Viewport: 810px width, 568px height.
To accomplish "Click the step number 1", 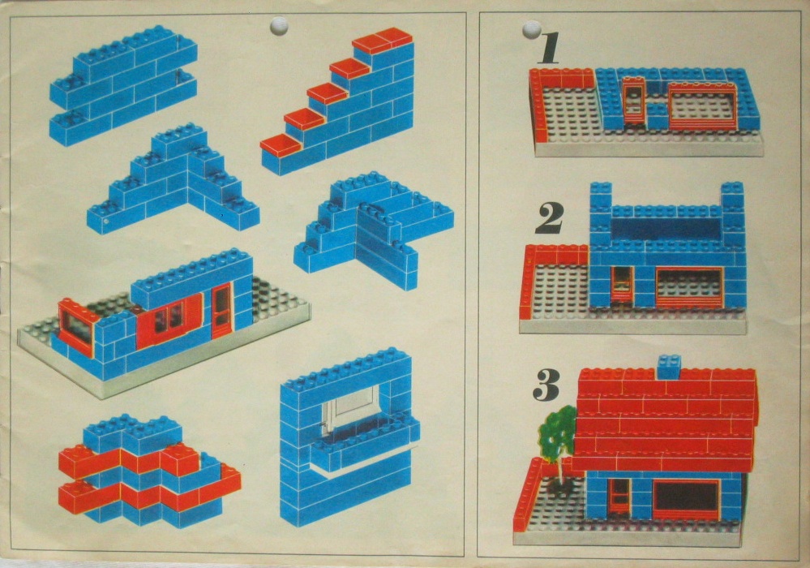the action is [548, 48].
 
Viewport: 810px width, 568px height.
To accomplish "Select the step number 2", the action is [549, 217].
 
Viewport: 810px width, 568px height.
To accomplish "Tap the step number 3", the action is [546, 385].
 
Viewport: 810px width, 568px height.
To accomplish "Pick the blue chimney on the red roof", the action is [669, 367].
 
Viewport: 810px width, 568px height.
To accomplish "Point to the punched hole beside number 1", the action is [532, 29].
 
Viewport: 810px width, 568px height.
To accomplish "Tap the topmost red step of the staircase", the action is [383, 41].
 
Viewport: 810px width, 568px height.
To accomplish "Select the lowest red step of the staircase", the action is [281, 145].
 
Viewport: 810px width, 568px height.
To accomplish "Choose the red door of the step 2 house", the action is [623, 284].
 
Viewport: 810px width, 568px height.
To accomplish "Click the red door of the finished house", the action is [619, 497].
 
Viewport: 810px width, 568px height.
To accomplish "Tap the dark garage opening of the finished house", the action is [685, 497].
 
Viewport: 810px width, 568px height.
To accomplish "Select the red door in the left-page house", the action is [223, 311].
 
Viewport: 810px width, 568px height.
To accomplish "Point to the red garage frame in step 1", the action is [702, 107].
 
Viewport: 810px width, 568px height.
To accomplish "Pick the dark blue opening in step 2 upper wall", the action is [666, 229].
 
